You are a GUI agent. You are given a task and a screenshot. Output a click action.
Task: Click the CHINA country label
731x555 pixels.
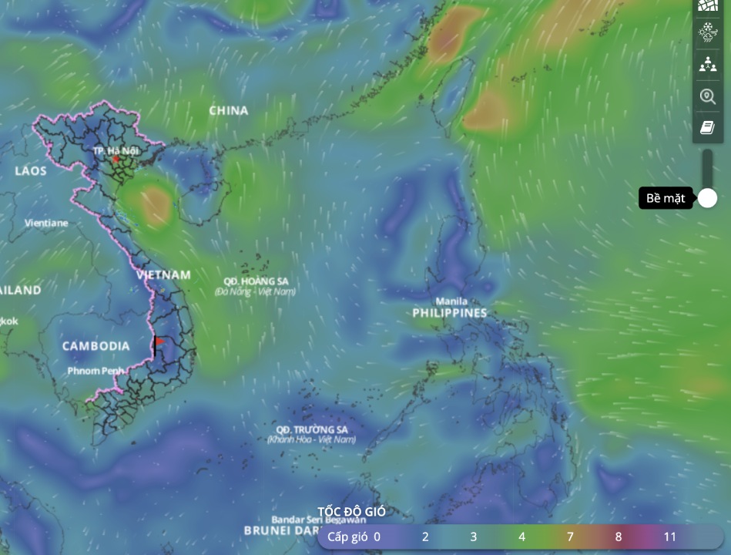(x=229, y=111)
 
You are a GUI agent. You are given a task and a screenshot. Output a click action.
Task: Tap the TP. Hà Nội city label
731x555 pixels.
(x=115, y=150)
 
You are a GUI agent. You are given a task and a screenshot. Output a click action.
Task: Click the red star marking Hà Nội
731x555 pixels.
(x=116, y=160)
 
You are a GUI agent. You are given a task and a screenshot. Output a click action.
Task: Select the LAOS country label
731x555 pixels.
(x=31, y=171)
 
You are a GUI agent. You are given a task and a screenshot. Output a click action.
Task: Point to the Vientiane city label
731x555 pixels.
(x=45, y=223)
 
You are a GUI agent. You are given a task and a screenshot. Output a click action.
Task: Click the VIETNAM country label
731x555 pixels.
(x=163, y=275)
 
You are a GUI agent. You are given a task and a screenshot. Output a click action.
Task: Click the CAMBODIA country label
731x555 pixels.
(x=96, y=346)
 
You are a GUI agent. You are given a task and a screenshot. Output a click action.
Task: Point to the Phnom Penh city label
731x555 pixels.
(x=95, y=371)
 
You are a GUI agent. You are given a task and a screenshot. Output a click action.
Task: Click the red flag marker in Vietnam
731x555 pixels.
(x=159, y=341)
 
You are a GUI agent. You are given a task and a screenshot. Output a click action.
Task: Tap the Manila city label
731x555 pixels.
(x=451, y=301)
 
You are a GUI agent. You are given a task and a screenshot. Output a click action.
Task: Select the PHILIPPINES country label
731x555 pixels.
(x=450, y=313)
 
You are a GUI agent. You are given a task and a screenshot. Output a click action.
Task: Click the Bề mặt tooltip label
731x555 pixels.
(x=666, y=199)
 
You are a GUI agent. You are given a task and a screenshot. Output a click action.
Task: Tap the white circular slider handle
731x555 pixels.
(x=707, y=198)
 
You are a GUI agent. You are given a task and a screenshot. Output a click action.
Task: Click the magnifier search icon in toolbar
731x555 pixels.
(x=707, y=96)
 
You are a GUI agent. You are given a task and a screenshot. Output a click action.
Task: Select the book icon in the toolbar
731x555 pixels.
(x=707, y=127)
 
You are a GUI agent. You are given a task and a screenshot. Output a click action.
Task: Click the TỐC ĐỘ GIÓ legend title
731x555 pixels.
(x=352, y=512)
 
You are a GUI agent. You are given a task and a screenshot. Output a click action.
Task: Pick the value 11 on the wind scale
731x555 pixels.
(x=670, y=536)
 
